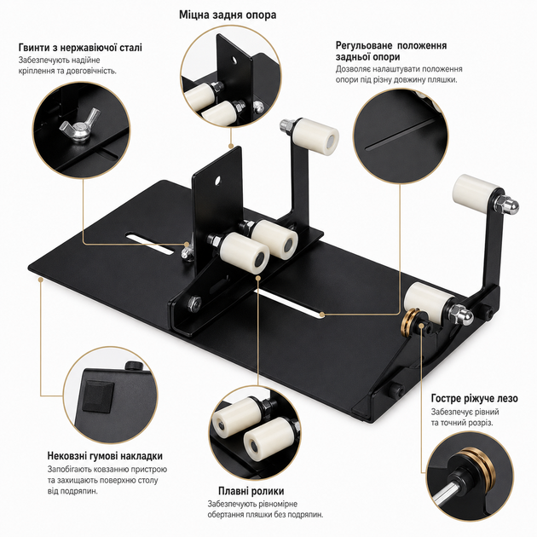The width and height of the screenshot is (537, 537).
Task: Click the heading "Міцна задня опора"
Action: pyautogui.click(x=228, y=15)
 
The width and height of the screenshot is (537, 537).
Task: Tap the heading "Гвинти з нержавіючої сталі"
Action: pyautogui.click(x=80, y=47)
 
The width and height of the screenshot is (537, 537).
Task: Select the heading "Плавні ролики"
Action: pyautogui.click(x=251, y=491)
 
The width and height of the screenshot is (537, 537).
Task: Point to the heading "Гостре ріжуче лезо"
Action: pyautogui.click(x=474, y=399)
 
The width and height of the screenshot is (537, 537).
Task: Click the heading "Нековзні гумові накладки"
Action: pyautogui.click(x=105, y=456)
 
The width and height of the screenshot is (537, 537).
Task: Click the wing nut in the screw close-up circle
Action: pyautogui.click(x=79, y=124)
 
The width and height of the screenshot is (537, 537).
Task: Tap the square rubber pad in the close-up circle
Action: pyautogui.click(x=98, y=396)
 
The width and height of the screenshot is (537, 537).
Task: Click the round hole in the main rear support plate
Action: pyautogui.click(x=217, y=181)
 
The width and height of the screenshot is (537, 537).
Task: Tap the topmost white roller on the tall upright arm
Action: pyautogui.click(x=315, y=133)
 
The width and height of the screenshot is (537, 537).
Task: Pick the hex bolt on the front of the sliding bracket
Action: pyautogui.click(x=193, y=303)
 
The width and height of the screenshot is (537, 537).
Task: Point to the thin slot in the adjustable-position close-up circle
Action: pyautogui.click(x=400, y=135)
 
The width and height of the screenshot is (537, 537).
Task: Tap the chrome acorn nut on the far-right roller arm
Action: pyautogui.click(x=511, y=206)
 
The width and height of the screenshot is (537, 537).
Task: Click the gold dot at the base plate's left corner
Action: pyautogui.click(x=40, y=279)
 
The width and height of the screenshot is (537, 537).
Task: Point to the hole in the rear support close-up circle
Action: pyautogui.click(x=234, y=61)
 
